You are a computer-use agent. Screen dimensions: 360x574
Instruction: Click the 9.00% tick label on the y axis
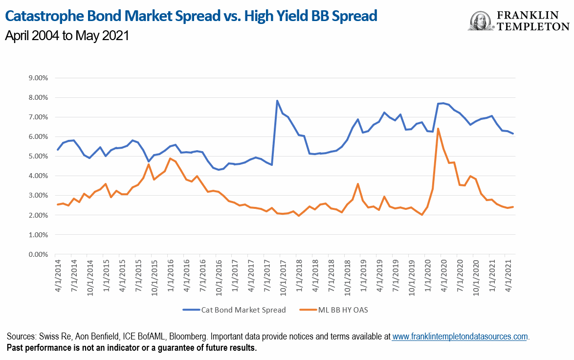tap(37, 78)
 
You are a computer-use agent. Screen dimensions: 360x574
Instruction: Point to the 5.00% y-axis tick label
tap(37, 156)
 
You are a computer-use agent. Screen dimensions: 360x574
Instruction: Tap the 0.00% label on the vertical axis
tap(37, 254)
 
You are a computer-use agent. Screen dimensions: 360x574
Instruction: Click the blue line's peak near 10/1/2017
tap(277, 101)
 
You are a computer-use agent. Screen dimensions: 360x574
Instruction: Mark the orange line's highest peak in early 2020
tap(438, 129)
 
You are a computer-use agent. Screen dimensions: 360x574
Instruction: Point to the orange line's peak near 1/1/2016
tap(170, 158)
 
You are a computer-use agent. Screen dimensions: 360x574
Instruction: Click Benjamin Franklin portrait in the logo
tap(482, 21)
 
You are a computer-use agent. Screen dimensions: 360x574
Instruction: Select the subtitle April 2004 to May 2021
tap(66, 36)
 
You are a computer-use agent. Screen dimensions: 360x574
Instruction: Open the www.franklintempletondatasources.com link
tap(460, 337)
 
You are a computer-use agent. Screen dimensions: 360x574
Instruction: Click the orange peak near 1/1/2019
tap(358, 184)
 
